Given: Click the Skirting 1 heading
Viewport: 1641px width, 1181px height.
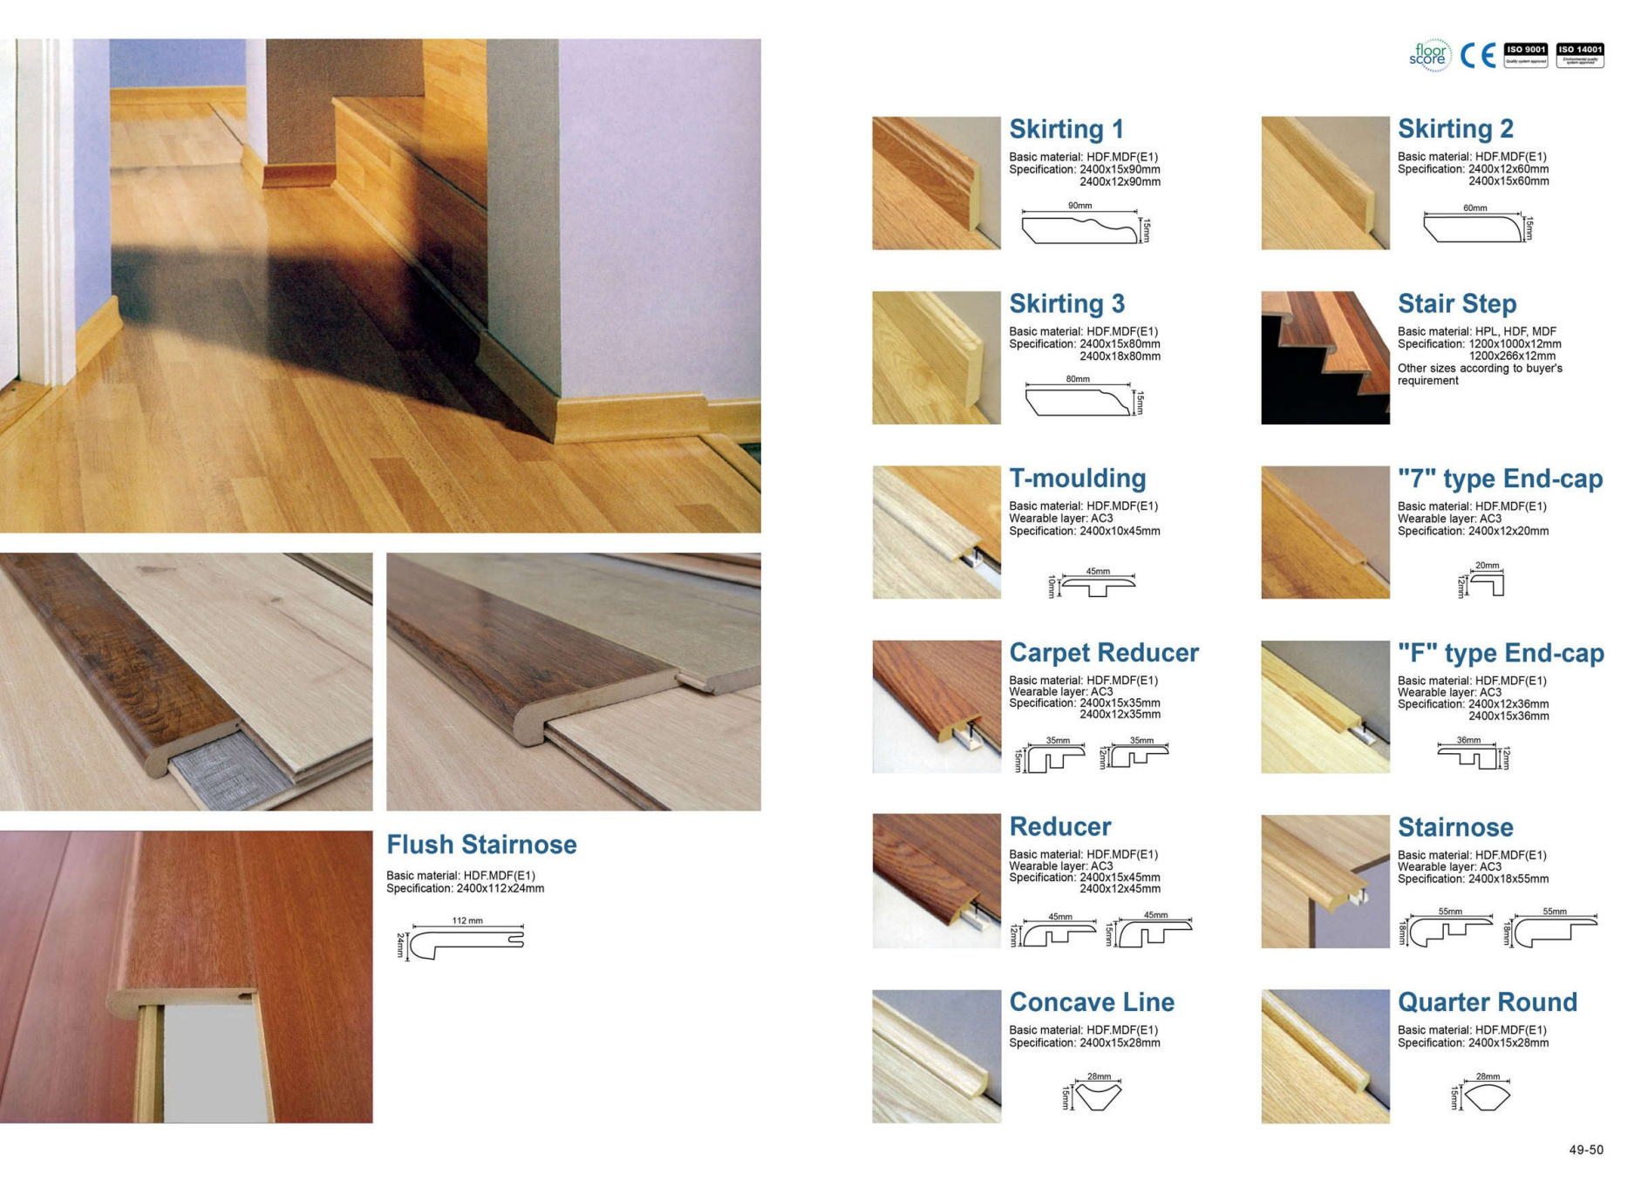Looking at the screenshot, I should click(x=1066, y=129).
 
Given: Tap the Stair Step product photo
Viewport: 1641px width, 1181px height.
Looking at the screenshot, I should click(x=1324, y=357).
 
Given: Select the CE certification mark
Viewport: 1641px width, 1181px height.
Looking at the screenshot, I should click(x=1477, y=55).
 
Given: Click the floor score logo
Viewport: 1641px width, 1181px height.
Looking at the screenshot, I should click(x=1429, y=55).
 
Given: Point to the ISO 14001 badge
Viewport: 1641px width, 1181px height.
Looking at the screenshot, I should click(x=1579, y=55).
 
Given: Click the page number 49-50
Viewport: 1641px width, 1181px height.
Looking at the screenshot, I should click(x=1585, y=1150).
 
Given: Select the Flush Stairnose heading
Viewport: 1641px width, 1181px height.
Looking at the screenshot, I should click(x=481, y=845).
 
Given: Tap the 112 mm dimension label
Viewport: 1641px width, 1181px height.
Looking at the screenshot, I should click(x=467, y=920).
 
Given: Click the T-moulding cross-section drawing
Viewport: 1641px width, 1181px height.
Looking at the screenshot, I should click(x=1098, y=587).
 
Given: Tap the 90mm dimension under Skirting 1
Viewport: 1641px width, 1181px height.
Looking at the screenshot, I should click(x=1079, y=206).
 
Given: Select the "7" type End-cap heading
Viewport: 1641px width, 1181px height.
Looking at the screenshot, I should click(x=1500, y=479).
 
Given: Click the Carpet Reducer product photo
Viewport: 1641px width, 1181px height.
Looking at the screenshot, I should click(x=936, y=706).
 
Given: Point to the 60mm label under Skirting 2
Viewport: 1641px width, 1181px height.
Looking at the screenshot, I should click(x=1474, y=208).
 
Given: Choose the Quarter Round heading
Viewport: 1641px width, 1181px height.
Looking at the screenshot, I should click(x=1487, y=1002).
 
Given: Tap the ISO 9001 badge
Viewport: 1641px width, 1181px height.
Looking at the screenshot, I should click(x=1525, y=55).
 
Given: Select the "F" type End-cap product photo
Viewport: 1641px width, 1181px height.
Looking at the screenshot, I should click(x=1324, y=706).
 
